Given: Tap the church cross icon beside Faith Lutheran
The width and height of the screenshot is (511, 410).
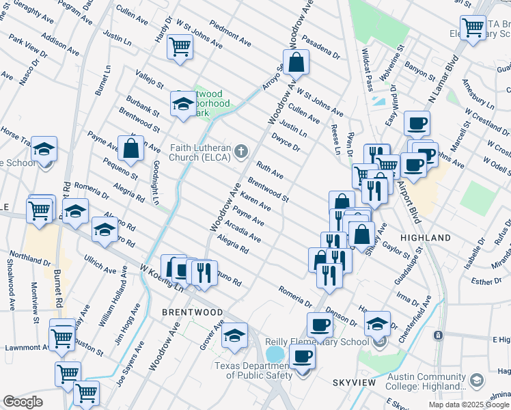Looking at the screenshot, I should (x=240, y=150).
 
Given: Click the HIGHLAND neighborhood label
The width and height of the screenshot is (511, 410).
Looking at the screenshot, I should (x=425, y=238).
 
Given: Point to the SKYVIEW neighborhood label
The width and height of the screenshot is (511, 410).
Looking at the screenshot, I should (x=355, y=383).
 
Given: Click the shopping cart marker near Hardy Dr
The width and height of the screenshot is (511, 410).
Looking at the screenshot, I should (x=180, y=47).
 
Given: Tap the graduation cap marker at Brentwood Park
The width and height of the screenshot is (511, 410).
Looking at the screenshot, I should (x=182, y=104).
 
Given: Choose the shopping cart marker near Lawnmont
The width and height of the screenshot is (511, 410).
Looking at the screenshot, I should (x=62, y=336).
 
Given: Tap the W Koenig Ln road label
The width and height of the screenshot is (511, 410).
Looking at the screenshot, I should (x=161, y=278).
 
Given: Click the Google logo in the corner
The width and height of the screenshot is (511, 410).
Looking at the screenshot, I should (x=23, y=402).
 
